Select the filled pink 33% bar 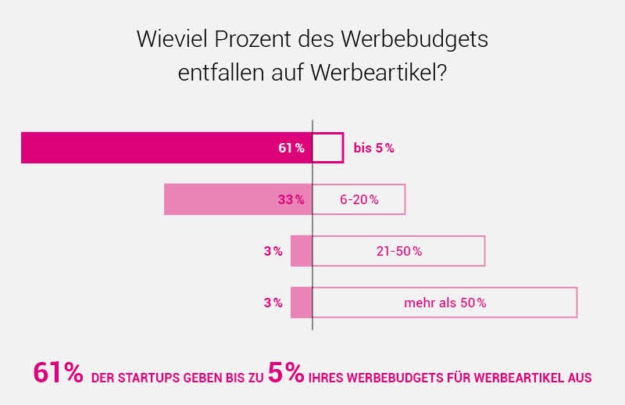pos(219,199)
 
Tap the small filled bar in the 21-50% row pos(302,251)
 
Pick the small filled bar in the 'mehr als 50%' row pos(302,303)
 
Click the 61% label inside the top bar pos(291,148)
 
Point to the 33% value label pos(291,199)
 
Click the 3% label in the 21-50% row pos(273,251)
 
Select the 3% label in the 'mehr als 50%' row pos(273,303)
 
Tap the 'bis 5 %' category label pos(373,148)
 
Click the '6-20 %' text pos(359,199)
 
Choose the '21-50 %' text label pos(399,251)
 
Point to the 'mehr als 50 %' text pos(445,303)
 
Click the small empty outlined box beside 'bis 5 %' pos(328,148)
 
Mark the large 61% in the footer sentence pos(58,373)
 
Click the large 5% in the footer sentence pos(286,373)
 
